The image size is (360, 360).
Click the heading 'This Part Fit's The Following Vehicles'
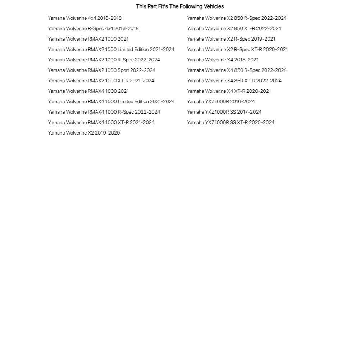click(180, 6)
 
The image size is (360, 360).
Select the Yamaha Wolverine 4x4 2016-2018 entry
click(85, 18)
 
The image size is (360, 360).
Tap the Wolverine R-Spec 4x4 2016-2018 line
click(93, 28)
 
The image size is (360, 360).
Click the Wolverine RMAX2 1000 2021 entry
click(88, 39)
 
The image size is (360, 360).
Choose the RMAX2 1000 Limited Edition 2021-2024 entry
click(111, 49)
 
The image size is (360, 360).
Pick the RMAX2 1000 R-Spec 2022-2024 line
click(104, 60)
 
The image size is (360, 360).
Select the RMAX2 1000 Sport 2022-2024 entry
click(102, 70)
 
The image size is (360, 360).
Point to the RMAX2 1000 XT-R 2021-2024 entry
click(101, 81)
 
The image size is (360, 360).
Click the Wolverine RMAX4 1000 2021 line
click(88, 91)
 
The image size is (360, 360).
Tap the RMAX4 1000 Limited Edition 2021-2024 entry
click(111, 101)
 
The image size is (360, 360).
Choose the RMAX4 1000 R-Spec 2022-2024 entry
click(104, 112)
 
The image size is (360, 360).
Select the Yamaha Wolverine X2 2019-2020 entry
click(84, 133)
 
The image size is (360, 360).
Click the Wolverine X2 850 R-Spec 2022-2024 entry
click(237, 18)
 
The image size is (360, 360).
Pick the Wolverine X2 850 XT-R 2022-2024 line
click(234, 28)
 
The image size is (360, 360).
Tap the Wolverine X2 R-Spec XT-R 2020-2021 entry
click(237, 49)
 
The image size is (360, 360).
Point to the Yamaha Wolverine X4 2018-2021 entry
click(223, 60)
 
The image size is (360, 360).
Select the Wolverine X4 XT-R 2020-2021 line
click(229, 91)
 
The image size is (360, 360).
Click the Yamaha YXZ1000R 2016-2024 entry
click(221, 101)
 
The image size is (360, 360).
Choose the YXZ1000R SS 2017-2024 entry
click(224, 112)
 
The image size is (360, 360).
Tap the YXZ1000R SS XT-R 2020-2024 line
click(231, 122)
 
